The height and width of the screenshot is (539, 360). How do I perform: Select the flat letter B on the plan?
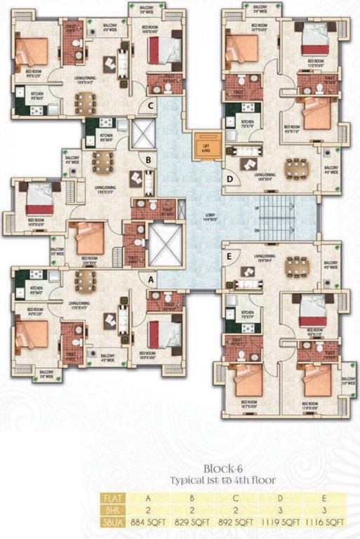tap(149, 159)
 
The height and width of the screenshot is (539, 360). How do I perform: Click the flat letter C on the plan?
tap(150, 107)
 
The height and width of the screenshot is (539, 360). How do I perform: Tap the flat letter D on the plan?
tap(230, 178)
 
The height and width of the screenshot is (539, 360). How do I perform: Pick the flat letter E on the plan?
tap(230, 256)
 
